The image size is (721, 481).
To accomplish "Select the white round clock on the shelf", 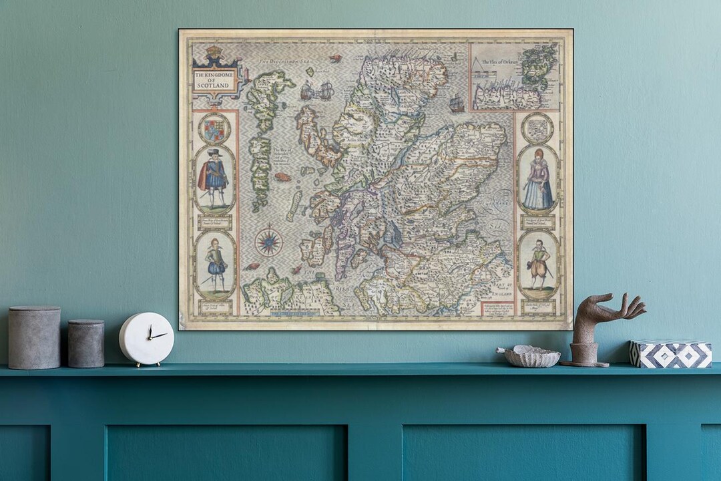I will [146, 339].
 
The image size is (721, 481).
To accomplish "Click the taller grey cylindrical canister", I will [34, 337].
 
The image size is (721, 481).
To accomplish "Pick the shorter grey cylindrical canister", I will [86, 343].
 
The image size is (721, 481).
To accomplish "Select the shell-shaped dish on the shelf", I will [531, 356].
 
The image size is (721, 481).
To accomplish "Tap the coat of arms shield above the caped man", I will [214, 129].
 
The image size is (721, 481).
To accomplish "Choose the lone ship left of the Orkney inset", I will [457, 104].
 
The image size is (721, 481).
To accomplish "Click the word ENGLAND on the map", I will [501, 293].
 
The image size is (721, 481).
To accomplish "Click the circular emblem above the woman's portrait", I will [537, 128].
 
